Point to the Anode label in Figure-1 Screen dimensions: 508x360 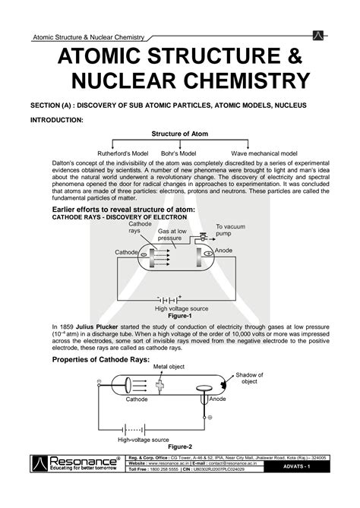[x=224, y=251]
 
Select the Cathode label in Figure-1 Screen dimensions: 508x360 [x=126, y=251]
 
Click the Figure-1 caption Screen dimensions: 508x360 [x=179, y=315]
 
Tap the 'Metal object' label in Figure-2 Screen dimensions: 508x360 [x=168, y=367]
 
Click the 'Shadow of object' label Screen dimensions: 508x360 [x=249, y=378]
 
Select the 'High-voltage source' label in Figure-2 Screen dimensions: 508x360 [x=143, y=439]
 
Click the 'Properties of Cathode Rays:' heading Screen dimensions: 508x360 [x=99, y=358]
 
